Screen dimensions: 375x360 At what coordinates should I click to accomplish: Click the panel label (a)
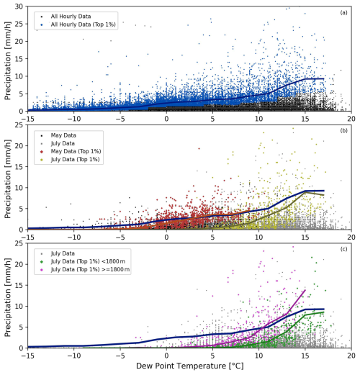(x=345, y=12)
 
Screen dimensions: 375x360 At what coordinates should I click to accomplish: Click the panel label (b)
(x=345, y=131)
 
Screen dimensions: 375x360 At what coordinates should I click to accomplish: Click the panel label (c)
(x=345, y=250)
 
